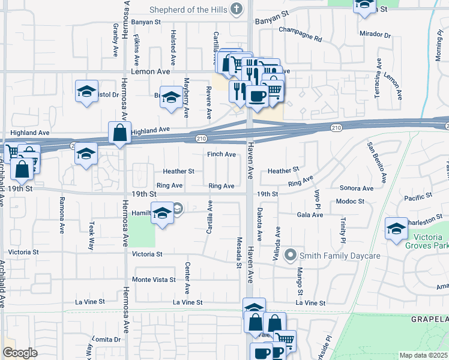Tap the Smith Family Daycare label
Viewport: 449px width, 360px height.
click(340, 256)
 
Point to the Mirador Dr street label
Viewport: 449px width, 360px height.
click(375, 34)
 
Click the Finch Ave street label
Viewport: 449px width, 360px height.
click(221, 154)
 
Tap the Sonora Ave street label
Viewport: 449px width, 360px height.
click(356, 188)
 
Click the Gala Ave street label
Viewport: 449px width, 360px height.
click(310, 214)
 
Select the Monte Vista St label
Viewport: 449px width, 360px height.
click(154, 280)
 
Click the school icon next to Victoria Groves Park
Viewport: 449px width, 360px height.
click(396, 229)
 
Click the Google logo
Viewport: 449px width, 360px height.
click(20, 353)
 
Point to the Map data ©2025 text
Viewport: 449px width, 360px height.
click(423, 355)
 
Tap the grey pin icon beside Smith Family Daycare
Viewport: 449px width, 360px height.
click(291, 256)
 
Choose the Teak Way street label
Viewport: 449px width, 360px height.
click(92, 235)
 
